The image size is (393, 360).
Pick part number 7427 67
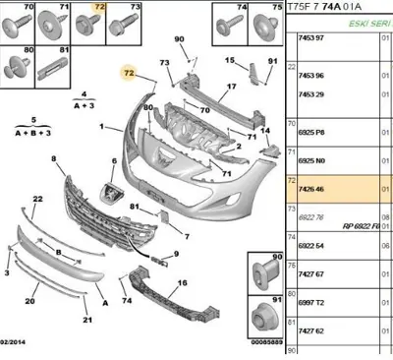(313, 279)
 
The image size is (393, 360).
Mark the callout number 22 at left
(38, 200)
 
